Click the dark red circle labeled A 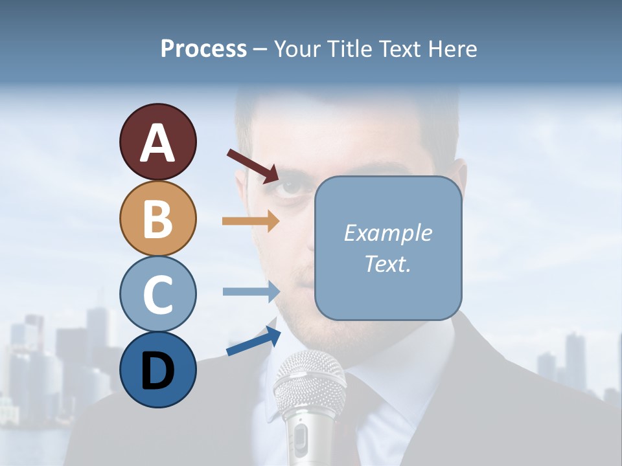click(157, 142)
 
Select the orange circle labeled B click(157, 218)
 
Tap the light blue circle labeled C click(157, 294)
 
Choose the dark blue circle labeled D click(157, 370)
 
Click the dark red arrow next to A click(253, 166)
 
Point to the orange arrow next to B click(250, 221)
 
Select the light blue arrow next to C click(250, 291)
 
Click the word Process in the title click(203, 49)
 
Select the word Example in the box click(387, 233)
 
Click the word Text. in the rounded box click(387, 263)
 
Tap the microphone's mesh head click(310, 382)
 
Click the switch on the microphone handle click(299, 440)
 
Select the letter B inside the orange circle click(157, 219)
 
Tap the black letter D click(157, 370)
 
